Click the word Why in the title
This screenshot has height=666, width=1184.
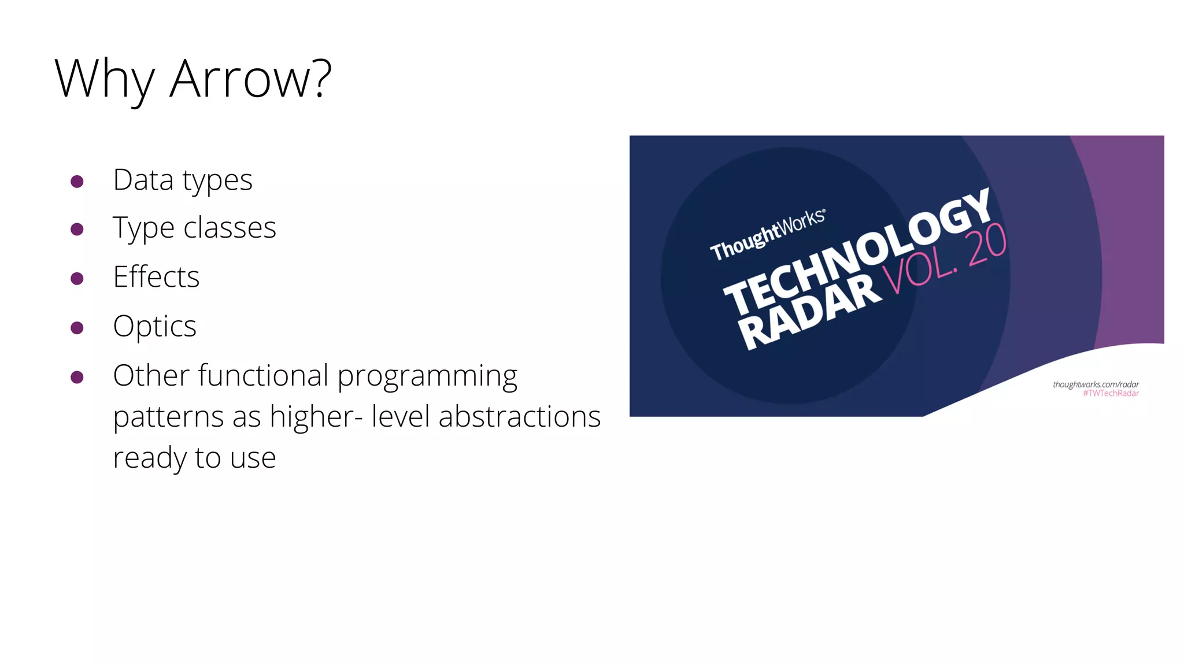click(x=105, y=79)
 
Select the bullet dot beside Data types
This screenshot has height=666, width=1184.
click(x=77, y=182)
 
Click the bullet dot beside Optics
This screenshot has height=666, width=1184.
click(x=77, y=328)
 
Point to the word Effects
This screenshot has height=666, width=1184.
click(x=156, y=276)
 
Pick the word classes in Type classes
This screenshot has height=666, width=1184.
click(x=230, y=227)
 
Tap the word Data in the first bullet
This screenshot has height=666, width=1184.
click(x=143, y=180)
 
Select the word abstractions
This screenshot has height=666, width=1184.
click(x=519, y=416)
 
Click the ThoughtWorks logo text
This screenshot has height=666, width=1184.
click(x=767, y=234)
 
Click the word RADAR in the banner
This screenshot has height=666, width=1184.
click(x=809, y=313)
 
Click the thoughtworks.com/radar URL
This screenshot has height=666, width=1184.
click(x=1096, y=384)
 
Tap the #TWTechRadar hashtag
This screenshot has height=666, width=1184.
click(x=1111, y=394)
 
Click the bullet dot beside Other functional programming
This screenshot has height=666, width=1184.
click(x=77, y=378)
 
